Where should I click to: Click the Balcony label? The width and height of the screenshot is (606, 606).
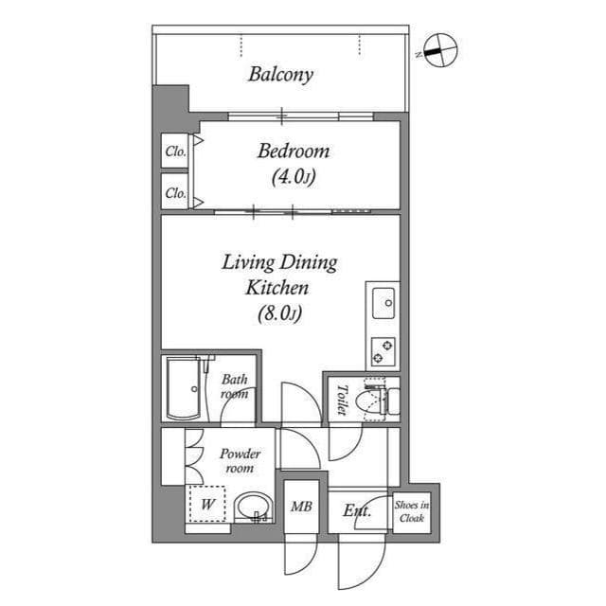pyautogui.click(x=280, y=74)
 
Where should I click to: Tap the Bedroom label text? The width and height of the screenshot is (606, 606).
pyautogui.click(x=294, y=151)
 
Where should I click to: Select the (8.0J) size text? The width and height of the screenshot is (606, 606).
pyautogui.click(x=278, y=313)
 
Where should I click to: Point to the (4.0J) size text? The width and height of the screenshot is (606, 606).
pyautogui.click(x=293, y=176)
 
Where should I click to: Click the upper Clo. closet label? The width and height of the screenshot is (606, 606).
pyautogui.click(x=175, y=151)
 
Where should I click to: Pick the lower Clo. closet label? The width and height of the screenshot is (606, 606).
pyautogui.click(x=175, y=192)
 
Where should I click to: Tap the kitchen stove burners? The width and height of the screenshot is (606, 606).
pyautogui.click(x=383, y=351)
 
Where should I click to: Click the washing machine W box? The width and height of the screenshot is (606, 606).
pyautogui.click(x=207, y=504)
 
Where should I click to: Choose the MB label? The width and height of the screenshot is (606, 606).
pyautogui.click(x=302, y=506)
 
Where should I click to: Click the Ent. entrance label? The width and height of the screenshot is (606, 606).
pyautogui.click(x=357, y=511)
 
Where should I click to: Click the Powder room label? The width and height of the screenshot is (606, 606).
pyautogui.click(x=239, y=461)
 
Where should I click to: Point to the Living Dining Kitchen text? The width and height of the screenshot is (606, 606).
pyautogui.click(x=279, y=275)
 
